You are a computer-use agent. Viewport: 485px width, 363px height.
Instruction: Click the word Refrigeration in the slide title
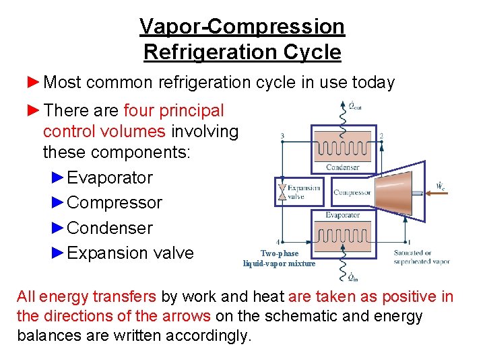[243, 52]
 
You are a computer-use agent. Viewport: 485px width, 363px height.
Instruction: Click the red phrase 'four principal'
[174, 110]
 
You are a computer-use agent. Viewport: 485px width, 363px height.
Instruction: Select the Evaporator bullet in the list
[110, 178]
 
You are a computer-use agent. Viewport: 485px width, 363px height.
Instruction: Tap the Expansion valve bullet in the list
[130, 253]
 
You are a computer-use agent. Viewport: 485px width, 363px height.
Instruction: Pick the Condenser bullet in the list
[110, 228]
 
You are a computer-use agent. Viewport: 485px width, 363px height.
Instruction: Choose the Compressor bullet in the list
[115, 203]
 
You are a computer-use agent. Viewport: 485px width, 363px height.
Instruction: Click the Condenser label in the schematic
[343, 167]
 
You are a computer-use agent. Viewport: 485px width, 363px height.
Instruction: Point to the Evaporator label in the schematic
[343, 215]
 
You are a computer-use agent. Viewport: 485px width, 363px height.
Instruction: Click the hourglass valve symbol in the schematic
[281, 192]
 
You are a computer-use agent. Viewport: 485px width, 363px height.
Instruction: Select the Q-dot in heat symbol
[352, 276]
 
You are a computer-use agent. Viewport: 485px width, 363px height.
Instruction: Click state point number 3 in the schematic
[282, 136]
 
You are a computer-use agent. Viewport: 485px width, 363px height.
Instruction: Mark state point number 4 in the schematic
[279, 241]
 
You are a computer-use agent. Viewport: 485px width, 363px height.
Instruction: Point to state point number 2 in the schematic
[381, 135]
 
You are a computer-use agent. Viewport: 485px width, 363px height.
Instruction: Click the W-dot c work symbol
[439, 184]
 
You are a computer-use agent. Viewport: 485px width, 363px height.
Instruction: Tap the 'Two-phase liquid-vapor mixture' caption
[280, 259]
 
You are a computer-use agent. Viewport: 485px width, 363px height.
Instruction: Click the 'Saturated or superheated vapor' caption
[422, 257]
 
